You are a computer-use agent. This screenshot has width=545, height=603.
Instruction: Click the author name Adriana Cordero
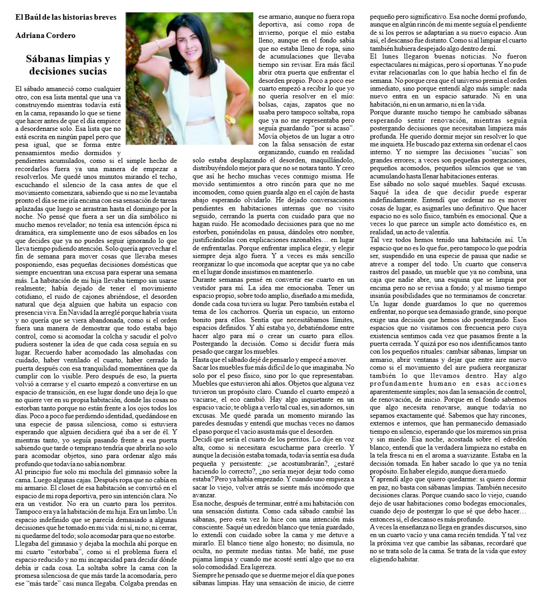45,36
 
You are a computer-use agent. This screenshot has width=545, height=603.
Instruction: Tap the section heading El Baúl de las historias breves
65,17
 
